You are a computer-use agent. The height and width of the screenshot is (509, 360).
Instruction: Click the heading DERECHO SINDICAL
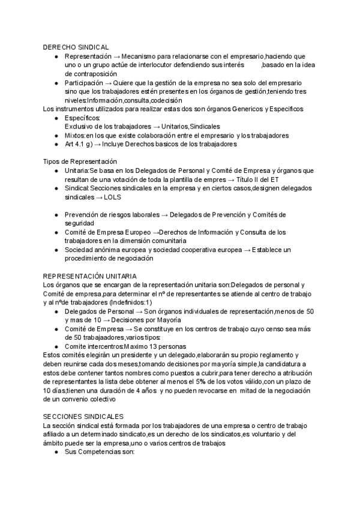click(x=76, y=47)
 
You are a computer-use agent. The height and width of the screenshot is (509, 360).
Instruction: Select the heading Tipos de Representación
click(x=80, y=162)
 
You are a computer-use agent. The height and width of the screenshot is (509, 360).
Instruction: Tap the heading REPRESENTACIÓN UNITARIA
click(x=89, y=275)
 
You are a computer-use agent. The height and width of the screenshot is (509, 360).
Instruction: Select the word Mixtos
click(x=75, y=136)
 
